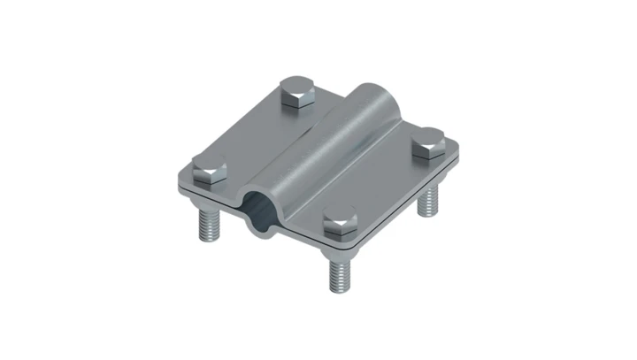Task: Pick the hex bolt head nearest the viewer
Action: [338, 221]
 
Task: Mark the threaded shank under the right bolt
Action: [429, 200]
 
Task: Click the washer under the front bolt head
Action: [339, 234]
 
